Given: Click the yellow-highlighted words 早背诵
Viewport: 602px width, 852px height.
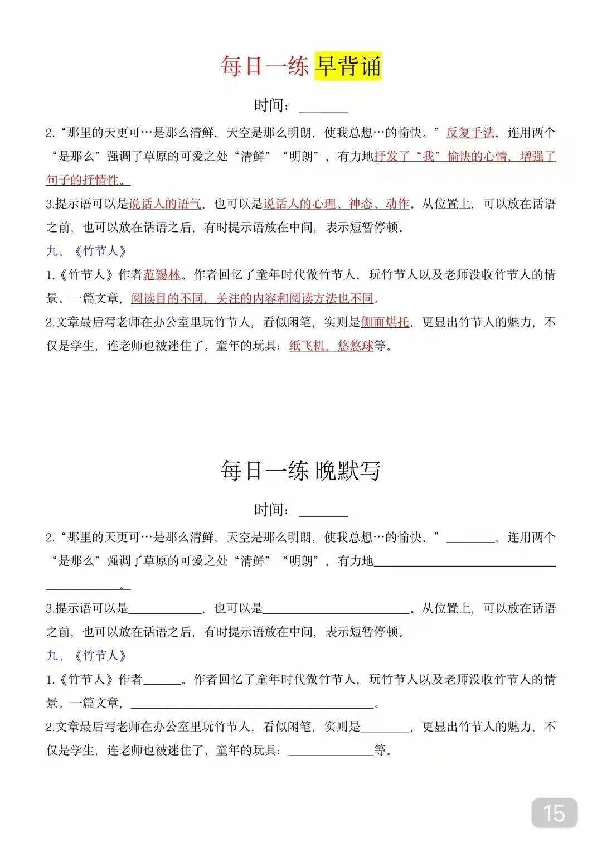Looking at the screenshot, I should [x=348, y=67].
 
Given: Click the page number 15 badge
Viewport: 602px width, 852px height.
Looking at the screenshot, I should [x=554, y=812].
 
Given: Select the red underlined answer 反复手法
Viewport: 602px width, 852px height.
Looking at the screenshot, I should [x=470, y=133].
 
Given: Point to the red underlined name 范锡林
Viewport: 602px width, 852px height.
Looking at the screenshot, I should [x=162, y=275].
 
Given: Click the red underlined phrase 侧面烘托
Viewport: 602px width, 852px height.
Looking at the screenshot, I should [x=385, y=322].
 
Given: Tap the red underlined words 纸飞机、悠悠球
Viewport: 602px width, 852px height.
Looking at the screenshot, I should [x=331, y=346].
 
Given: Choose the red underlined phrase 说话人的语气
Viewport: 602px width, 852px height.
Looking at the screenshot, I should [x=165, y=204].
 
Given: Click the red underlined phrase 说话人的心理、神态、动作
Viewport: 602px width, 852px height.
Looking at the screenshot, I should [x=336, y=204].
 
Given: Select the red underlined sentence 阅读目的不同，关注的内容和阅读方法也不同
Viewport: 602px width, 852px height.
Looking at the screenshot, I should [x=252, y=298].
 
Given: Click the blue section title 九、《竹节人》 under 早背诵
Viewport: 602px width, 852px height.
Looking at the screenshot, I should [x=87, y=251].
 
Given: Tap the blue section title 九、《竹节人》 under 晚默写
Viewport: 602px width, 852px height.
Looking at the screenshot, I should [x=87, y=656].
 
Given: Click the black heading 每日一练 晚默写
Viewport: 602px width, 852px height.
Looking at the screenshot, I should [x=300, y=471].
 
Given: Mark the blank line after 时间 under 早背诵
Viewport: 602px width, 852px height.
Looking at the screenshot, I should [x=323, y=108].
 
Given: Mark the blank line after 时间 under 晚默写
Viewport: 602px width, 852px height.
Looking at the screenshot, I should [x=323, y=512].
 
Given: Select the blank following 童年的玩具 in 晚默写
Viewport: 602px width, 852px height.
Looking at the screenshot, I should [x=331, y=751].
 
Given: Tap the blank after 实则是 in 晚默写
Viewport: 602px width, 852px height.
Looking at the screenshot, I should [x=385, y=728].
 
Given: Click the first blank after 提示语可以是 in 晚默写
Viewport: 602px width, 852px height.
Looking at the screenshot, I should [x=165, y=609].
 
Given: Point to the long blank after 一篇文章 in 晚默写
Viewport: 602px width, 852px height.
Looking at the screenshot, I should [x=252, y=704].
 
